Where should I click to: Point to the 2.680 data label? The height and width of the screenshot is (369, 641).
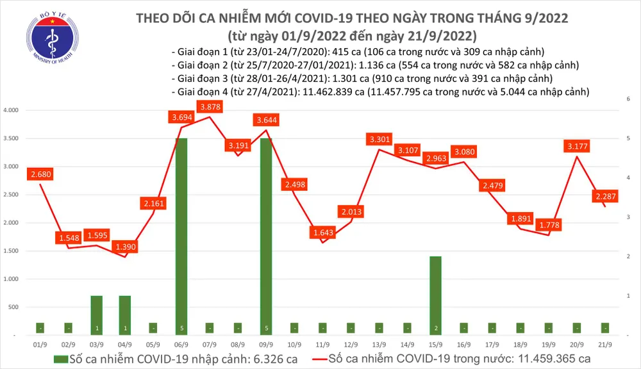pos(40,174)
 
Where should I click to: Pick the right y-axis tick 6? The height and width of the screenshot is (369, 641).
pos(627,99)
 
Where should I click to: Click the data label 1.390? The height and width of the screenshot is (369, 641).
pos(126,247)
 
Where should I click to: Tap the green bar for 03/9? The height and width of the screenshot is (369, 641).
pos(96,314)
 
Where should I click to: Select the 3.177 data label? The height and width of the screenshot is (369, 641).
pos(578,146)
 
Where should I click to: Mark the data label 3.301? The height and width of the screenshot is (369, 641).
pos(380,138)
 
